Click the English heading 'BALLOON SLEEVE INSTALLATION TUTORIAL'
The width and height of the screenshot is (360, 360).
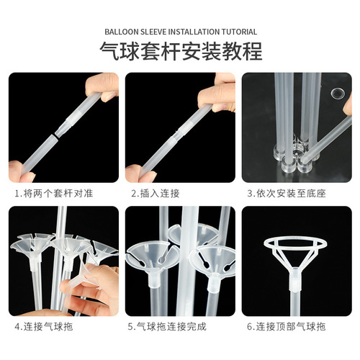tap(180, 32)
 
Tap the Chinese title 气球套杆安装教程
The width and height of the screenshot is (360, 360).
tap(180, 52)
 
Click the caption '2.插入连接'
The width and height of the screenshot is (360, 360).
tap(154, 193)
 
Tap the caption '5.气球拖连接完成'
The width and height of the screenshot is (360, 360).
tap(167, 326)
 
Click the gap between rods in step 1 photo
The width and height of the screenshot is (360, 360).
tap(55, 135)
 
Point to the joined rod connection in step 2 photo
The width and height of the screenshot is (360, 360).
tap(175, 132)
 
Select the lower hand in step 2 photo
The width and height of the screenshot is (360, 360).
tap(138, 173)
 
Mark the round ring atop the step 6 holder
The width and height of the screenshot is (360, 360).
tap(295, 243)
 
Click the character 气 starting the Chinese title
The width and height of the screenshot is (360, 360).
tap(109, 52)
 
